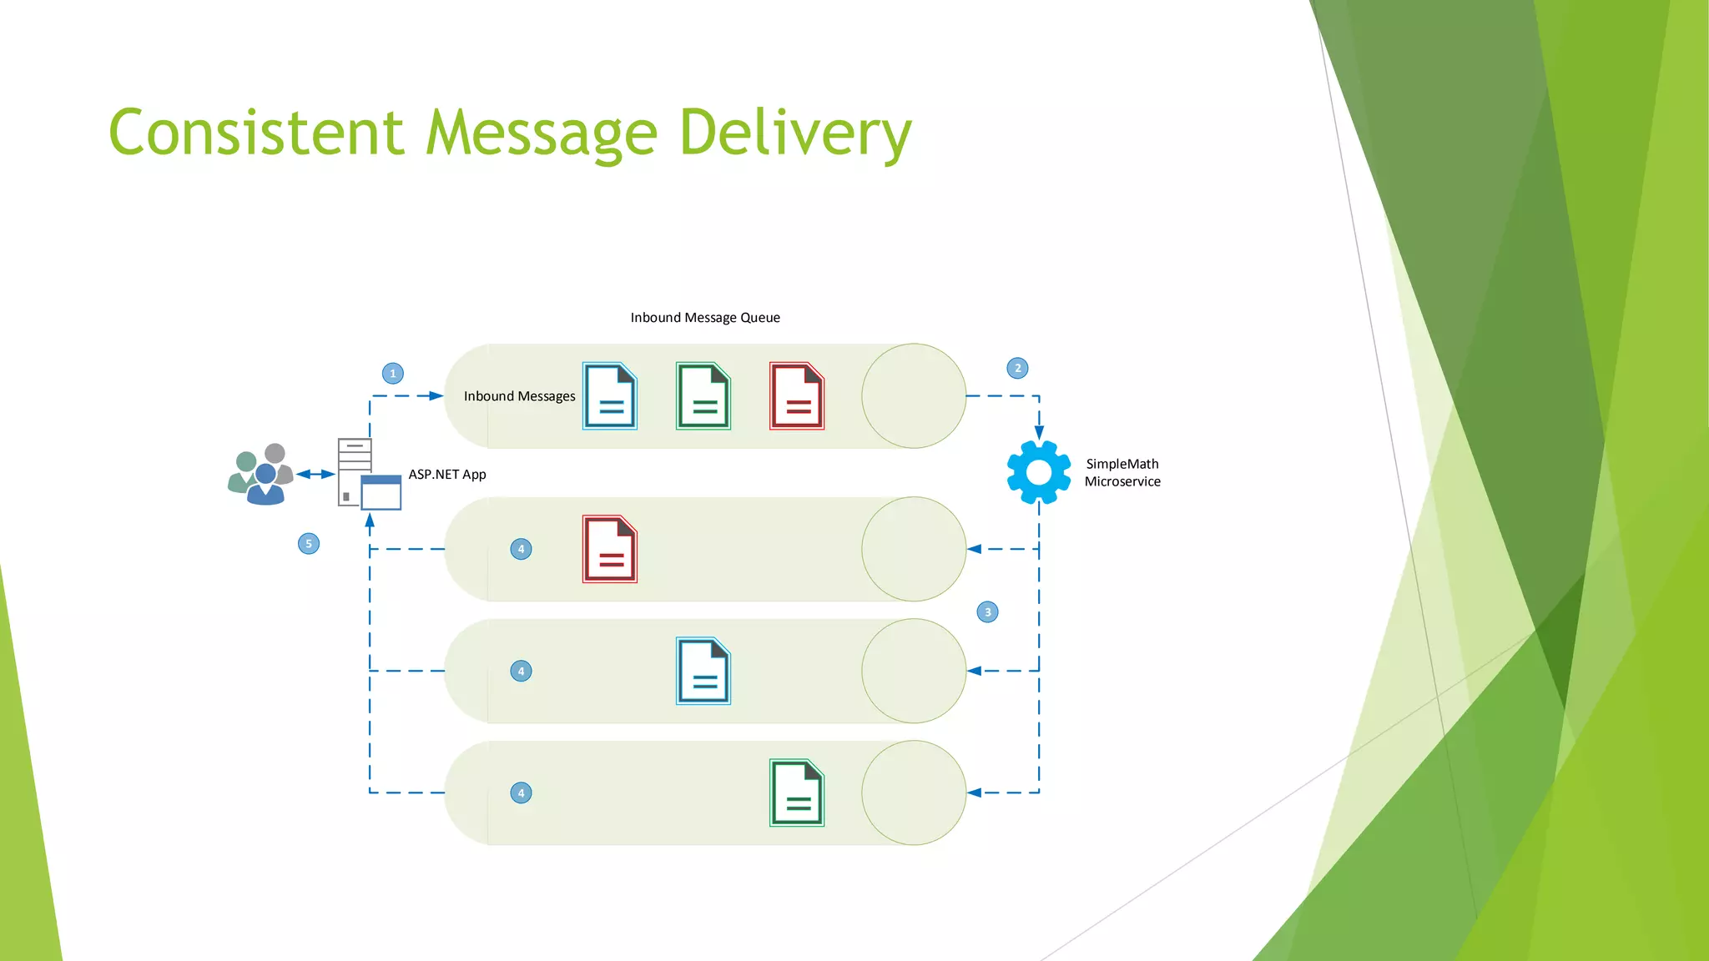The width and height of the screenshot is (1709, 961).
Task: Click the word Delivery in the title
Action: (794, 133)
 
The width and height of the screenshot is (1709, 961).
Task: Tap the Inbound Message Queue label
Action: (705, 318)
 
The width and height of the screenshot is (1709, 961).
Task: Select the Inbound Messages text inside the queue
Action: (519, 396)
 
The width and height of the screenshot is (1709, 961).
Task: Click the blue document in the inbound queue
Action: (610, 396)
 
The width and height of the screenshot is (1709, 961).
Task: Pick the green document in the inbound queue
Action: (703, 396)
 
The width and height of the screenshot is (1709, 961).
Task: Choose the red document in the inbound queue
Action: (797, 396)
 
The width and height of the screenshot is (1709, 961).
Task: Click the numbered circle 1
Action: (393, 374)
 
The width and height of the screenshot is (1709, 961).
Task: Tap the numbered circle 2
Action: (1017, 369)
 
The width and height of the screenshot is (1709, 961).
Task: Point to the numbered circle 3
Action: (987, 612)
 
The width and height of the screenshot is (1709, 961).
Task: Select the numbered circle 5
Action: (309, 544)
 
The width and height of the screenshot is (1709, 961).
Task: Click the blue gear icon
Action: (1039, 472)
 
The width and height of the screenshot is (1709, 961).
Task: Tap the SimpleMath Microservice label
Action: (1122, 473)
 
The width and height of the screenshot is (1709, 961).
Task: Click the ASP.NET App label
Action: (447, 475)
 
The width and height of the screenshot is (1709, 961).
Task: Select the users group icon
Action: (260, 474)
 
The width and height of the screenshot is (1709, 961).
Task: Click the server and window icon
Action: (369, 474)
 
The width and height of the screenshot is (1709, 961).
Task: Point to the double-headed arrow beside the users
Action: (315, 475)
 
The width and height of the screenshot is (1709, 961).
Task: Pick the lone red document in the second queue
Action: (610, 549)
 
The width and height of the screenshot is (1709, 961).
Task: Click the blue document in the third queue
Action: (703, 672)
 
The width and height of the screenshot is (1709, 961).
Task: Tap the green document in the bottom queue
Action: (797, 793)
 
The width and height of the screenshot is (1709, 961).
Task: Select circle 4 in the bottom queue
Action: (521, 793)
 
